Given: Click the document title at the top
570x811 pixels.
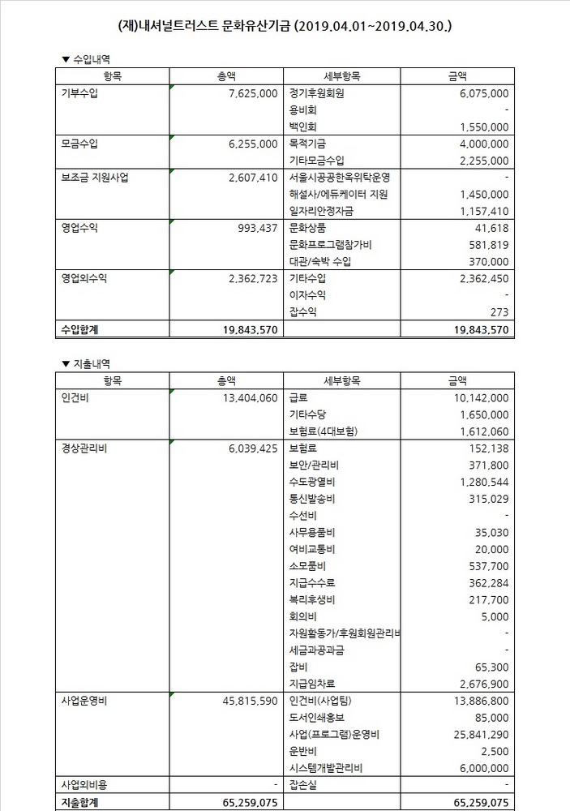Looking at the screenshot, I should pos(285,26).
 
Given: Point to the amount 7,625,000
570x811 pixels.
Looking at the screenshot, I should pos(252,93).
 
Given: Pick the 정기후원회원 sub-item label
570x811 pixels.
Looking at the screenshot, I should pos(316,93).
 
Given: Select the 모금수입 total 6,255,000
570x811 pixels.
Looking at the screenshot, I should pos(252,144).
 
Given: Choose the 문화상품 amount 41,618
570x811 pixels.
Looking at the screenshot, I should pos(491,228).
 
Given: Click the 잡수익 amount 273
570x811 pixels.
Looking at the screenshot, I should pos(499,312).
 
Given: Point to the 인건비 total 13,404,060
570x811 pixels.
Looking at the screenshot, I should pos(247,397).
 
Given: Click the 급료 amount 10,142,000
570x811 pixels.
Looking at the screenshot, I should pos(478,397).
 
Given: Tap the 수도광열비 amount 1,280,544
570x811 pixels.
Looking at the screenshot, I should pos(482,482).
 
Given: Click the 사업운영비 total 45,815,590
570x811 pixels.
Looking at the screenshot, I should pos(247,701).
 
